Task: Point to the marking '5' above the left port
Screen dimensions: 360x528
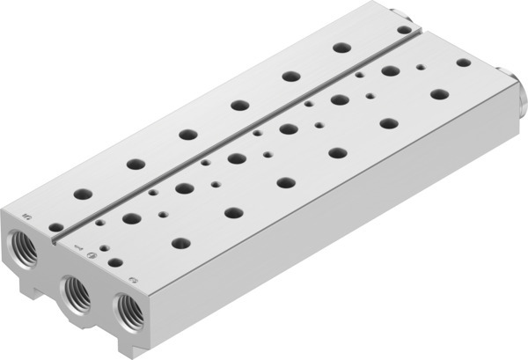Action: pos(26,213)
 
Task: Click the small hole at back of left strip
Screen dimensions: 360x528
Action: pos(403,29)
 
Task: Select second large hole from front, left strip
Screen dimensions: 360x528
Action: pos(135,164)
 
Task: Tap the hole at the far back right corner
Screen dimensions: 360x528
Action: pos(463,62)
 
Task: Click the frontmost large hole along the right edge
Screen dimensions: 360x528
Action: pos(180,243)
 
